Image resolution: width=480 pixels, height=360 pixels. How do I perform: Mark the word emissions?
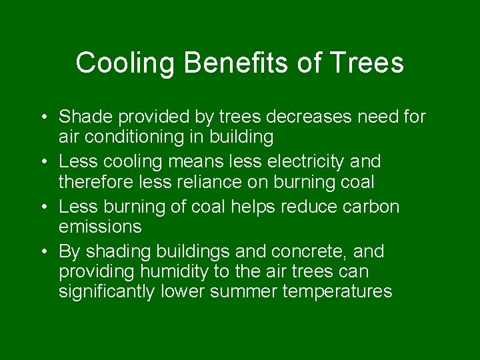click(100, 227)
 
